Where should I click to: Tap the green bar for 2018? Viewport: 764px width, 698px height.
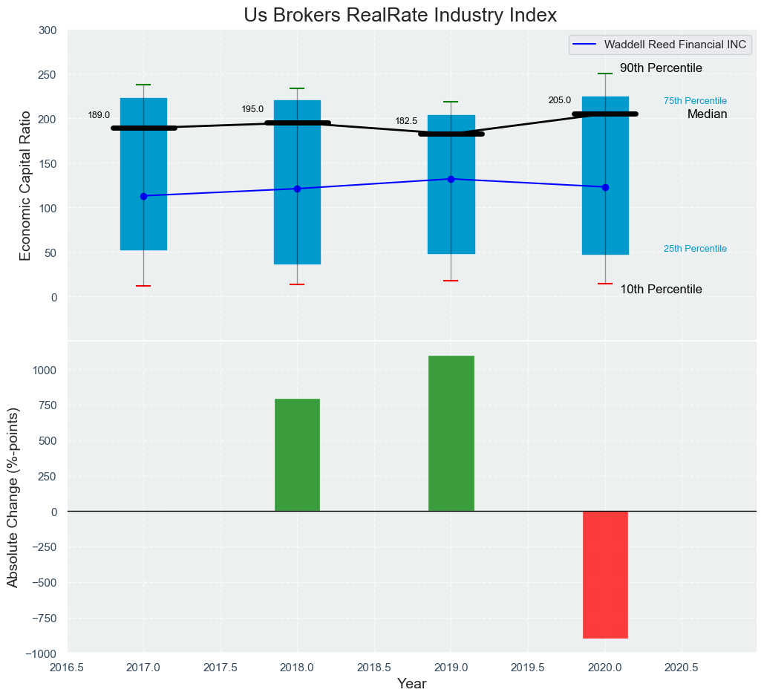pos(297,455)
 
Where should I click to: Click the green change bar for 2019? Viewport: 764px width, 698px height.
pos(451,434)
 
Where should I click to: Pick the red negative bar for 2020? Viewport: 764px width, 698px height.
pos(605,575)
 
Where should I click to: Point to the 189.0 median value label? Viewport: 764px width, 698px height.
pos(99,115)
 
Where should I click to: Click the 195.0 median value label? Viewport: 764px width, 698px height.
pos(252,109)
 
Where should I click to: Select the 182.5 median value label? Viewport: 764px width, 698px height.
pos(406,121)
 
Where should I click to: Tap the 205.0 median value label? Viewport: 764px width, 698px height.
pos(560,100)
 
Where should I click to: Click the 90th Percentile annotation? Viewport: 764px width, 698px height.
pos(661,68)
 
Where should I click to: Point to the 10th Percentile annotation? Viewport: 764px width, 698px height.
pos(661,290)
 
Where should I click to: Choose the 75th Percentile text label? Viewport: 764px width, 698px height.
pos(695,101)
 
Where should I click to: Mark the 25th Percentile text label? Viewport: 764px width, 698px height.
pos(695,249)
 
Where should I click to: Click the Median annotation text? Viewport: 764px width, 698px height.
pos(707,114)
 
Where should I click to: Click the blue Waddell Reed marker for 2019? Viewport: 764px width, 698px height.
pos(451,179)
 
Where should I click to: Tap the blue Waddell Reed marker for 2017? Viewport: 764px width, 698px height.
pos(143,196)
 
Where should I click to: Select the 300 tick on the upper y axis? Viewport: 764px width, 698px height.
pos(48,30)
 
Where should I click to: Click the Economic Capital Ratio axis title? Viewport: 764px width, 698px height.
pos(25,185)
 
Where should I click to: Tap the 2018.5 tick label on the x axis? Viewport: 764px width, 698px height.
pos(374,668)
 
